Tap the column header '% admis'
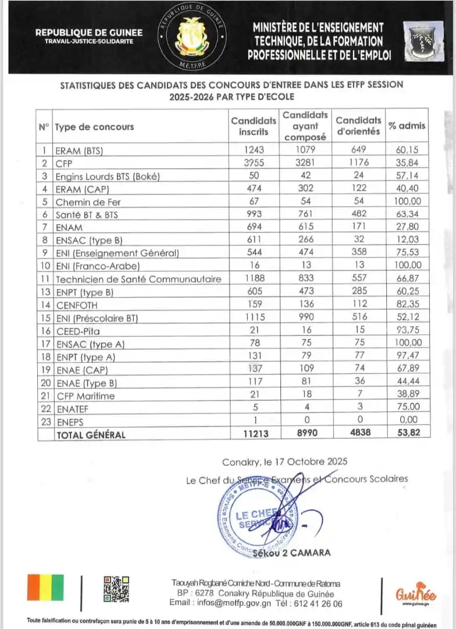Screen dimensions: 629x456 [x=407, y=126]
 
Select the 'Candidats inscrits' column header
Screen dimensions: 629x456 [x=254, y=126]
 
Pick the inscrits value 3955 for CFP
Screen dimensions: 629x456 [x=254, y=163]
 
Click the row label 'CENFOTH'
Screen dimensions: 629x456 [x=77, y=305]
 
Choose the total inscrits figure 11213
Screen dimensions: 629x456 [x=254, y=433]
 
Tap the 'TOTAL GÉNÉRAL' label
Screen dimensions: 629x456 [x=90, y=434]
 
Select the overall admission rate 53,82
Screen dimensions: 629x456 [x=407, y=433]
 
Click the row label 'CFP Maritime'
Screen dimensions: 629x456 [x=85, y=395]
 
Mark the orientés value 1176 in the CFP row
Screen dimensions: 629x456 [x=358, y=163]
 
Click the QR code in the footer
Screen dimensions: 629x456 [x=116, y=589]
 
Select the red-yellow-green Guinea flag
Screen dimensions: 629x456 [x=45, y=587]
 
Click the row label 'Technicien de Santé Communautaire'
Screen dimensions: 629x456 [x=138, y=279]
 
